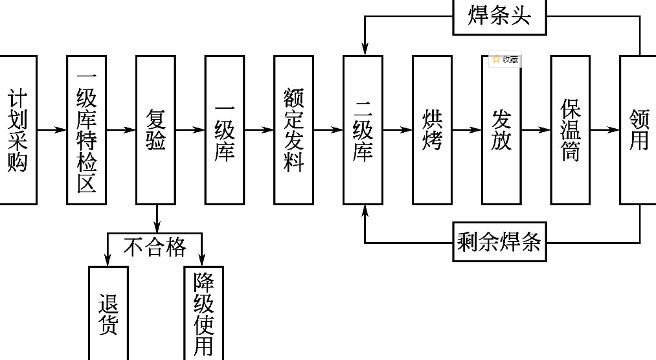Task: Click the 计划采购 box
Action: [x=17, y=129]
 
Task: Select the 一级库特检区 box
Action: [x=86, y=129]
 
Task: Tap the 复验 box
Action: [x=155, y=129]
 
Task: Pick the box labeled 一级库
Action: [x=225, y=129]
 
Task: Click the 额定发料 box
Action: [x=293, y=129]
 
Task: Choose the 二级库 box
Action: [x=363, y=129]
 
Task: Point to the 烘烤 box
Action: [x=432, y=129]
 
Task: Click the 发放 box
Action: [x=501, y=129]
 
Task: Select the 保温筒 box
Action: [x=570, y=129]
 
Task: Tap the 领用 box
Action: [x=639, y=129]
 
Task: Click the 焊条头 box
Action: [x=499, y=14]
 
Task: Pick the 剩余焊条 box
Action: [x=499, y=243]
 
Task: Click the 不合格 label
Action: [x=155, y=247]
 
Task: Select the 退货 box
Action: [x=108, y=313]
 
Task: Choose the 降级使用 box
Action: [x=203, y=313]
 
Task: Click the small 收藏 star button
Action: [x=504, y=60]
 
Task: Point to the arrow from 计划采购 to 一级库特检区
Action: [x=52, y=129]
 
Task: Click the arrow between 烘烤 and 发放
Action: [x=466, y=129]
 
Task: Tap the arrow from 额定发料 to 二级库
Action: [x=328, y=129]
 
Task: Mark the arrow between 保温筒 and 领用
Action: [x=604, y=129]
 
